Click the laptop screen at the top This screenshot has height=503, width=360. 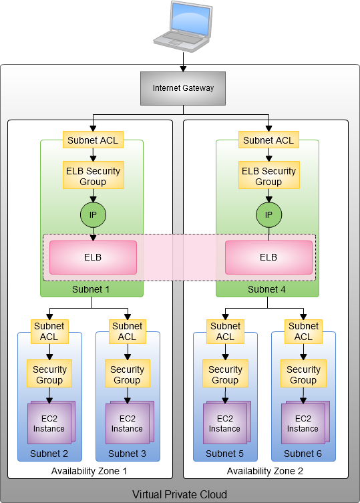tap(190, 19)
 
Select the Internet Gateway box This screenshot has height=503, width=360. tap(183, 88)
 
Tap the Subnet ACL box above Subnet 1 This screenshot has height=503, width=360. tap(93, 140)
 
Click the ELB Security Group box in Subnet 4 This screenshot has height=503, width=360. tap(269, 175)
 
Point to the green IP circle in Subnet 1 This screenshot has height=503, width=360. tap(93, 214)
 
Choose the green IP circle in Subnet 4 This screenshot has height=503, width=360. tap(269, 214)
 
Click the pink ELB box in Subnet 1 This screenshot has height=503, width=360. tap(93, 258)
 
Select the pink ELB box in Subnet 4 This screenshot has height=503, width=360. tap(269, 258)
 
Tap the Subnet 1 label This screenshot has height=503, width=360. tap(91, 289)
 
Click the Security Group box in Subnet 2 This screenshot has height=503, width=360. tap(49, 373)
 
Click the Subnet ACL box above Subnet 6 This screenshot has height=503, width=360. tap(303, 332)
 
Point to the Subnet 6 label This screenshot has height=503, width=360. tap(303, 454)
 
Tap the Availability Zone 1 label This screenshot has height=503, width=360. tap(89, 471)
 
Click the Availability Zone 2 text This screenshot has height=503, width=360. tap(264, 471)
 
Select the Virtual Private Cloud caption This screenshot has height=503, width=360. tap(180, 494)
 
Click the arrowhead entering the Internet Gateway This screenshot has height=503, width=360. tap(183, 69)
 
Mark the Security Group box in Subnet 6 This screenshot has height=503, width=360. tap(303, 373)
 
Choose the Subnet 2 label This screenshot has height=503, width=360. tap(49, 454)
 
